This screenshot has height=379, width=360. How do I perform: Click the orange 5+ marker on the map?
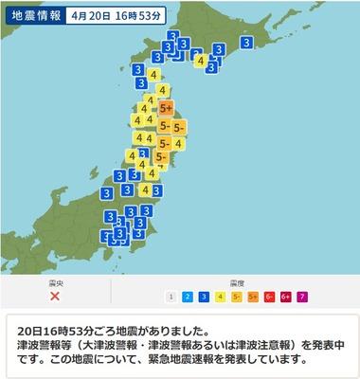167,109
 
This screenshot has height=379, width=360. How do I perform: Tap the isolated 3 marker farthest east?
247,43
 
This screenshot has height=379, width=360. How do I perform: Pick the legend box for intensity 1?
171,297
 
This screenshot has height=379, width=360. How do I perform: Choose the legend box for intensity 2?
189,297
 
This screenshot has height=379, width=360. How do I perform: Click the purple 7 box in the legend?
305,297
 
